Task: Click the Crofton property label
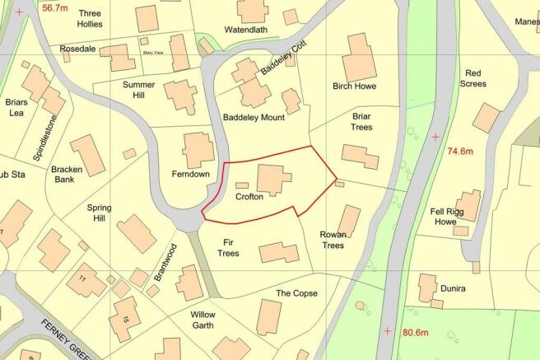249,199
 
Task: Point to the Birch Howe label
353,86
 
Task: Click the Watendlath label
247,30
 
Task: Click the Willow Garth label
202,320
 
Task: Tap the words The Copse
296,293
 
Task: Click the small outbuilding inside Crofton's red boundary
242,185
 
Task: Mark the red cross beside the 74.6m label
435,136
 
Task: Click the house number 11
81,278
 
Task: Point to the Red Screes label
482,78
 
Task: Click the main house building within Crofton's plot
273,179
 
